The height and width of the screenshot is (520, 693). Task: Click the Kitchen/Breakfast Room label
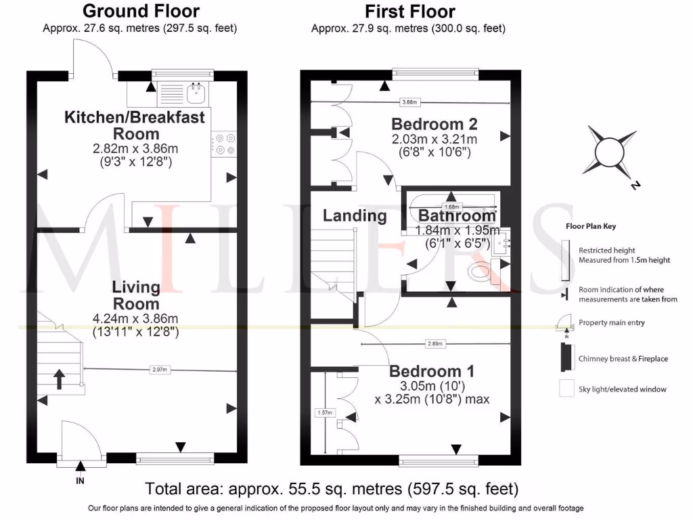click(135, 125)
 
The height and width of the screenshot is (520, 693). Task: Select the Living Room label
click(136, 295)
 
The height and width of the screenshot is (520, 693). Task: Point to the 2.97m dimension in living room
click(160, 370)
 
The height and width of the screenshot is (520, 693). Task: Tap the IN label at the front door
click(81, 481)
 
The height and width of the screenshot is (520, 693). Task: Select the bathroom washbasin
click(502, 242)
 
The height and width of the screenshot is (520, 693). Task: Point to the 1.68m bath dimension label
click(451, 207)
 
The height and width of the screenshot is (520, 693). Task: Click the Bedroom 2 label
click(434, 124)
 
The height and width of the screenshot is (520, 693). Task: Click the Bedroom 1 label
click(432, 372)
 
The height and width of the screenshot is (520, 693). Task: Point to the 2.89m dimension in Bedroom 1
click(434, 344)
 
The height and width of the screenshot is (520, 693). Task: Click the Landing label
click(354, 216)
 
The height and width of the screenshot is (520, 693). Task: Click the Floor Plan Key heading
click(591, 227)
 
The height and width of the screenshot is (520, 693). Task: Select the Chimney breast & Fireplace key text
click(623, 358)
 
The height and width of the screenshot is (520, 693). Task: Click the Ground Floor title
click(141, 12)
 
